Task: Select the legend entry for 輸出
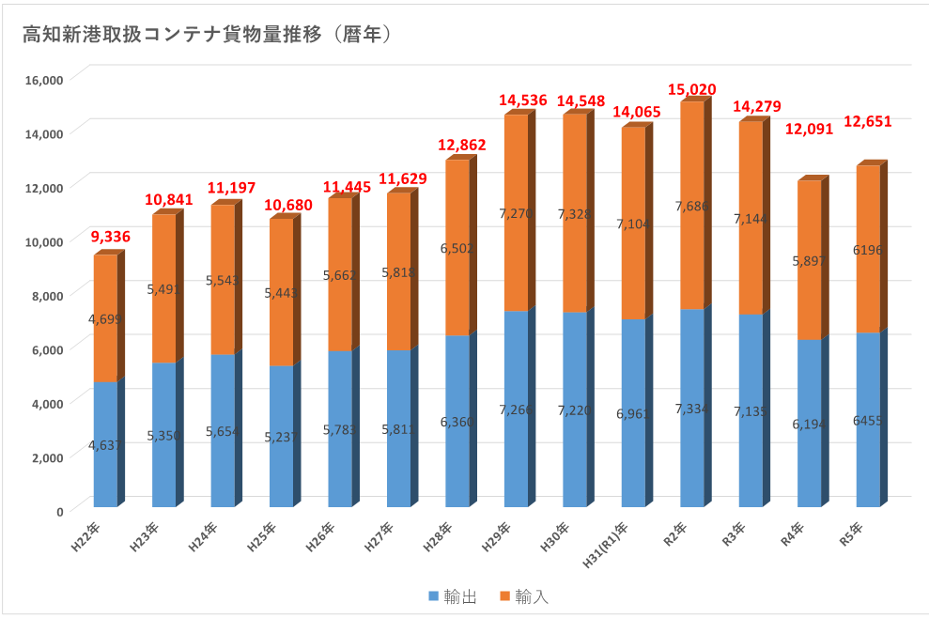pos(453,596)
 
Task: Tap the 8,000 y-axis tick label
pos(46,295)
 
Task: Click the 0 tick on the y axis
pos(58,511)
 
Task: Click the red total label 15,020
pos(691,89)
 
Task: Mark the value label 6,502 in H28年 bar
pos(458,248)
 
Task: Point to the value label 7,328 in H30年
pos(576,214)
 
